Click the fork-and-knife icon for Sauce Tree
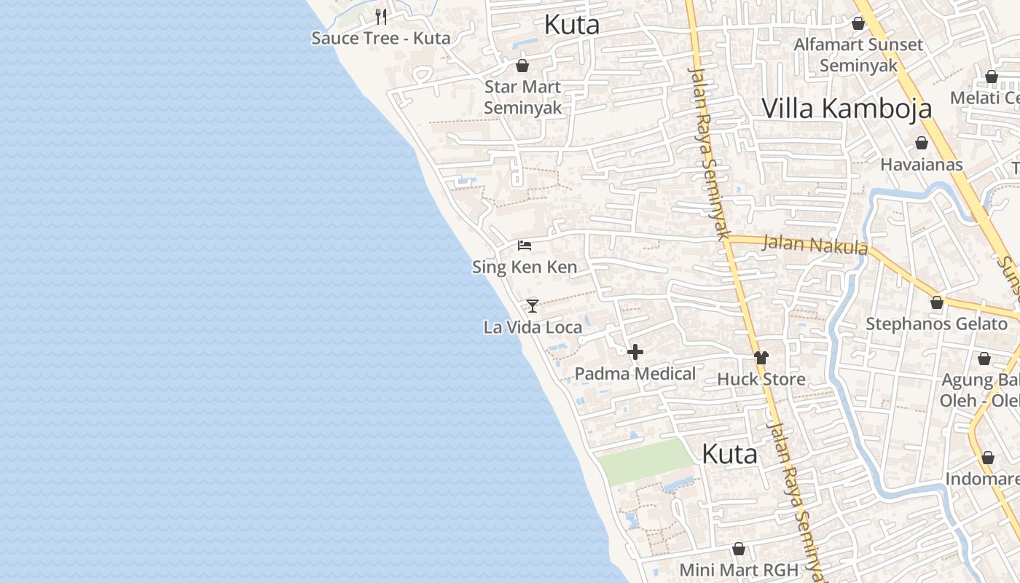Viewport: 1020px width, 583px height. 380,16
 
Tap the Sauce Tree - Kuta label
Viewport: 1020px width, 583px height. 380,38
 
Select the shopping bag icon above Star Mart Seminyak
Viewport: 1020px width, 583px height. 522,66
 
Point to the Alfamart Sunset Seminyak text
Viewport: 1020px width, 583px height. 858,55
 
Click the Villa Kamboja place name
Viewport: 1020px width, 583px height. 847,109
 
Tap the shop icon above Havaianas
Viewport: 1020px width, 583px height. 922,143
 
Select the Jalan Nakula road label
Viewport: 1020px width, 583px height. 815,245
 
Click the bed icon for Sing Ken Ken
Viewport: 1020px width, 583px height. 525,246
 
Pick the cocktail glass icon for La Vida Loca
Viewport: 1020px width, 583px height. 533,305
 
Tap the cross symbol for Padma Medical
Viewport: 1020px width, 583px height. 635,353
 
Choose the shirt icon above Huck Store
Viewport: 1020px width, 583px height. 761,358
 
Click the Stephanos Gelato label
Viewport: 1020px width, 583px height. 936,324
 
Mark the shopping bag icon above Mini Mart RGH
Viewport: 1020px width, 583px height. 739,549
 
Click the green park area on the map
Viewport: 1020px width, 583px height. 645,461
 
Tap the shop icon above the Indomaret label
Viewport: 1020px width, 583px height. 988,458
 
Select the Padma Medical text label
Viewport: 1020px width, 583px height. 635,374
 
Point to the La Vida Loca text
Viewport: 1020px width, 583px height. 533,327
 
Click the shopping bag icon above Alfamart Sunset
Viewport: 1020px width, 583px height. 858,23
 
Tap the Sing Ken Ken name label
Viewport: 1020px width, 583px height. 525,267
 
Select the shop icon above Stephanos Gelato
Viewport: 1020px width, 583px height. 937,302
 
